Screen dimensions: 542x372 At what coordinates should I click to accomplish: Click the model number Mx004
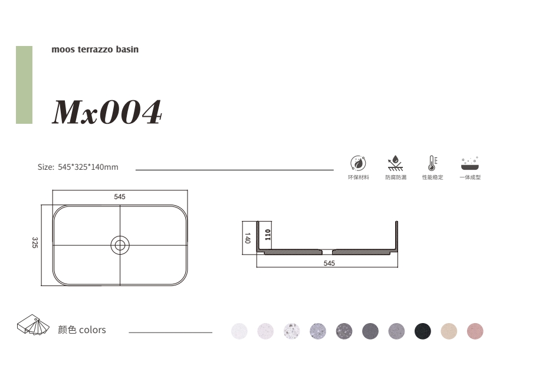pos(107,111)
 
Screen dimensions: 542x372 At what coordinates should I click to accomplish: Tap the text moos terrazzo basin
pos(95,50)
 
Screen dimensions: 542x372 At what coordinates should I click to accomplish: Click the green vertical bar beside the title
pos(24,85)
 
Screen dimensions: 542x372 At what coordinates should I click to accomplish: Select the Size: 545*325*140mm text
pos(78,167)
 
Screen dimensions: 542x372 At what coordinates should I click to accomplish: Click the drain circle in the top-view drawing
pos(120,245)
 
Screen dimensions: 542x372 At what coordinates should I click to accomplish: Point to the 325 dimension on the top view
pos(35,242)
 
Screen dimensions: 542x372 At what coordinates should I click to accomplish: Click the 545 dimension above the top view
pos(120,197)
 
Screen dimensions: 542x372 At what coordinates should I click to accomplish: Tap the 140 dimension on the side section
pos(248,238)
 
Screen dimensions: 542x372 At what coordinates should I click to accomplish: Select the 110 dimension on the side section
pos(268,235)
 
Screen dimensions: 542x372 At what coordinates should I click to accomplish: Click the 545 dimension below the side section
pos(329,264)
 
